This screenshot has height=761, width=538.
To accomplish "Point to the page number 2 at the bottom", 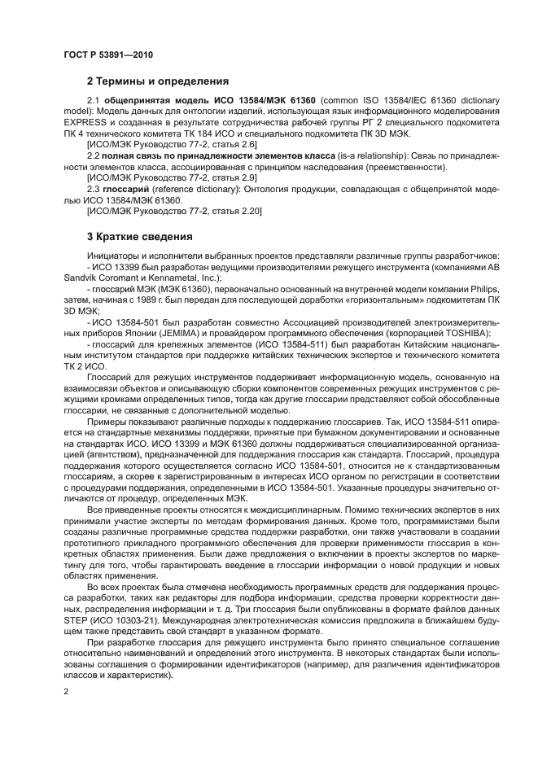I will pos(64,690).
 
